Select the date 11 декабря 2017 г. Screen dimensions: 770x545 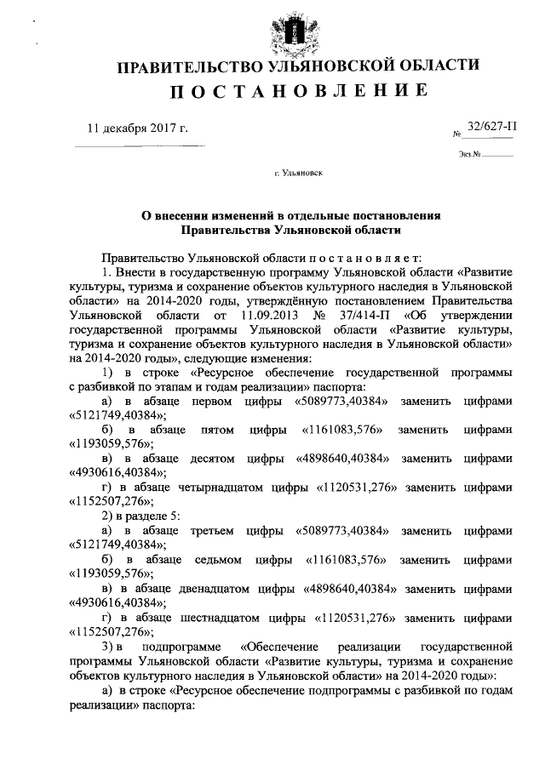(137, 128)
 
